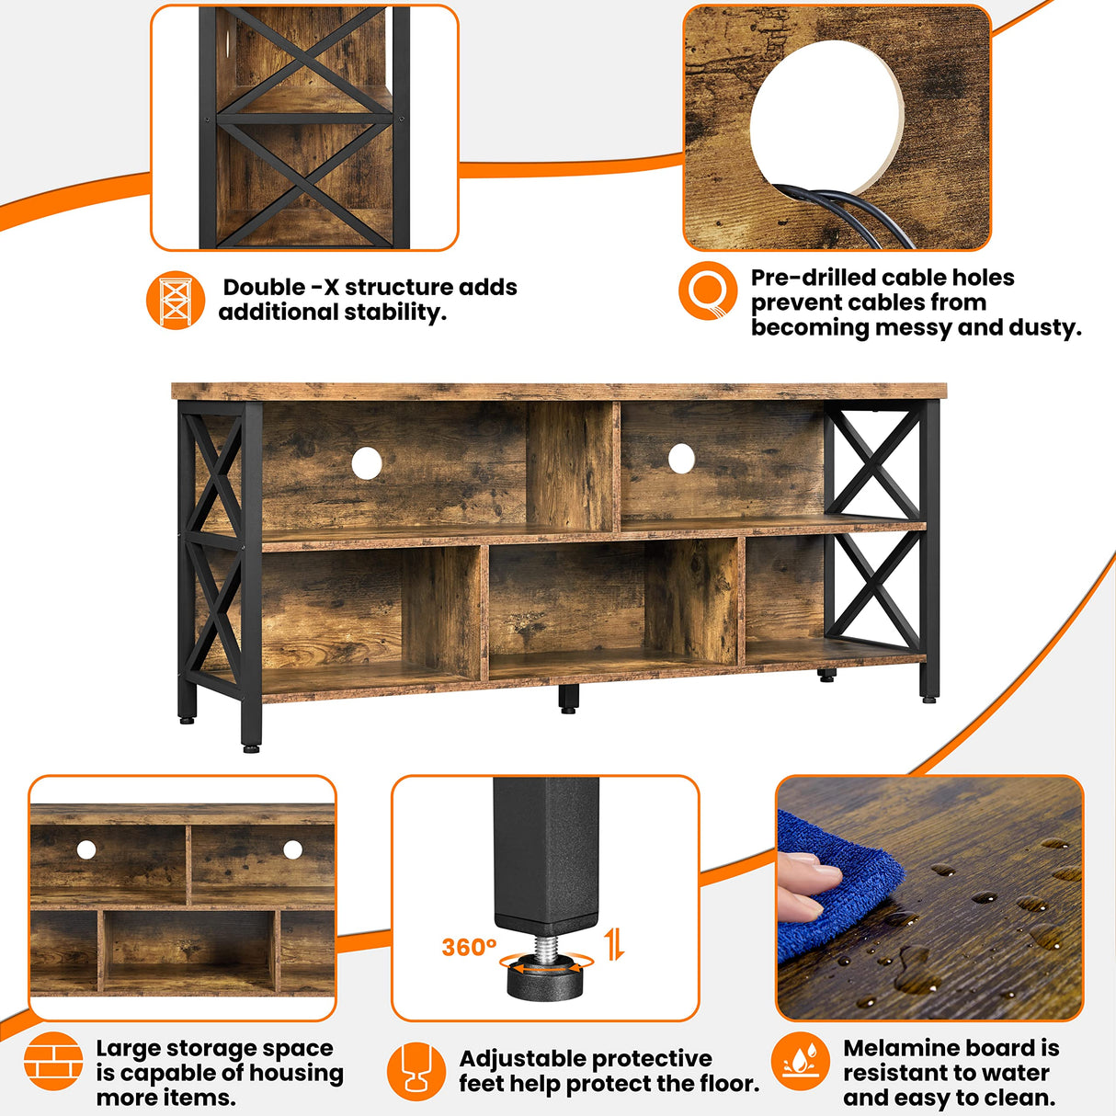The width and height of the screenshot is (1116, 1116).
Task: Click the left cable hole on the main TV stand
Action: (x=366, y=462)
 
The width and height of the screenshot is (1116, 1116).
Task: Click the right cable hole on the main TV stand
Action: (x=681, y=458)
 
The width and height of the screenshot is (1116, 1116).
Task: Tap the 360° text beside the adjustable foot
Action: (x=469, y=947)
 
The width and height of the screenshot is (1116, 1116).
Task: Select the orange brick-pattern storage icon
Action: (x=53, y=1061)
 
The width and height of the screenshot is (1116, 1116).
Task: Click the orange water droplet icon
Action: (x=800, y=1061)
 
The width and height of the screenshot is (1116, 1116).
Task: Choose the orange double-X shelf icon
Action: (x=175, y=300)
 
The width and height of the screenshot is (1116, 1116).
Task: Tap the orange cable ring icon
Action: (x=708, y=290)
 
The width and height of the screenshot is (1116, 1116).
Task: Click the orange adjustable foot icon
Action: (x=416, y=1071)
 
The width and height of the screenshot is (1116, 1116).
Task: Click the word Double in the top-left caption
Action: (x=264, y=288)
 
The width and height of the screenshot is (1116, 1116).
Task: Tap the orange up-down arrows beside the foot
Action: (x=615, y=943)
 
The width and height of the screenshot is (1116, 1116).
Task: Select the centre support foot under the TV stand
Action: (x=568, y=698)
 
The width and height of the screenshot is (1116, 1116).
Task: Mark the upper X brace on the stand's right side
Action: (x=873, y=462)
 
